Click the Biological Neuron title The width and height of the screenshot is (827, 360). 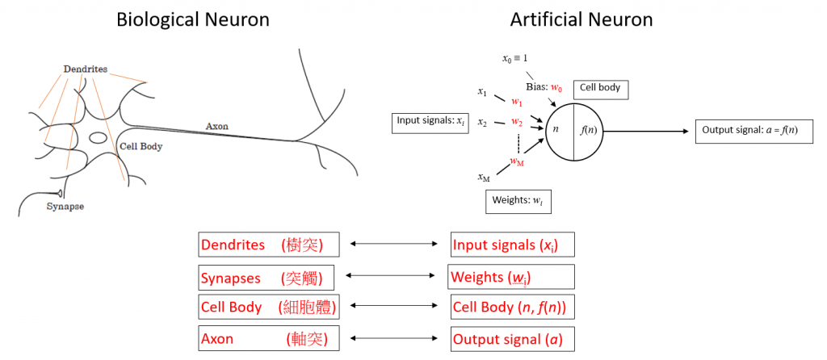192,19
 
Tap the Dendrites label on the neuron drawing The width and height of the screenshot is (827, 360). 86,69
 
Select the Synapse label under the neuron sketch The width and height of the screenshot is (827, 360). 64,206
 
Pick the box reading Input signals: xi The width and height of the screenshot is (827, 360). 430,122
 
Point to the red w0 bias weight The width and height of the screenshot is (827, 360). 556,86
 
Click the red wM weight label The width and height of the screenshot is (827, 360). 517,161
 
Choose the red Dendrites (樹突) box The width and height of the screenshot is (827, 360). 267,245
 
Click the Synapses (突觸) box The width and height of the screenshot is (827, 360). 267,277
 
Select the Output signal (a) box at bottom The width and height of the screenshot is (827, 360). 512,339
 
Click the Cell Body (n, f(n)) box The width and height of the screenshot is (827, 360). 512,307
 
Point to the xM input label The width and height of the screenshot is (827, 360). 484,178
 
